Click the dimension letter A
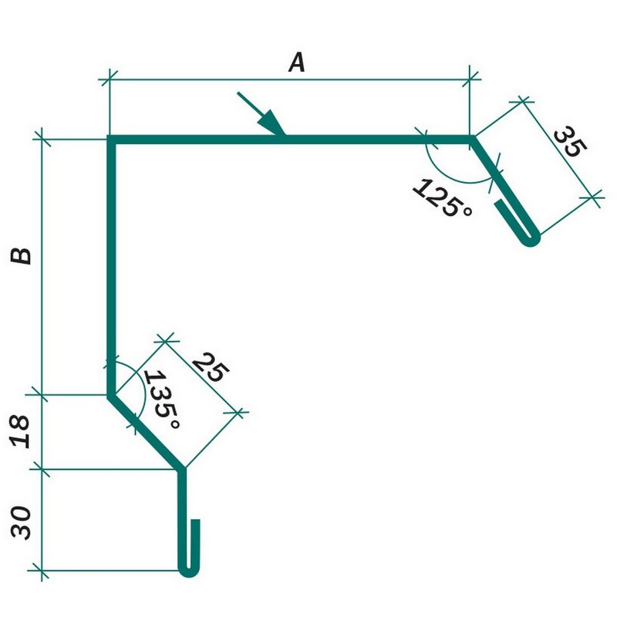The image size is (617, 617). [x=297, y=62]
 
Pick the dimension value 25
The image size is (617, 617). [x=209, y=368]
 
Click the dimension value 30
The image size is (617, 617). [x=22, y=523]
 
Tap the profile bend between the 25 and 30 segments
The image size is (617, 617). [x=183, y=468]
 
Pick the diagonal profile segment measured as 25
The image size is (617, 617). [x=147, y=432]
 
